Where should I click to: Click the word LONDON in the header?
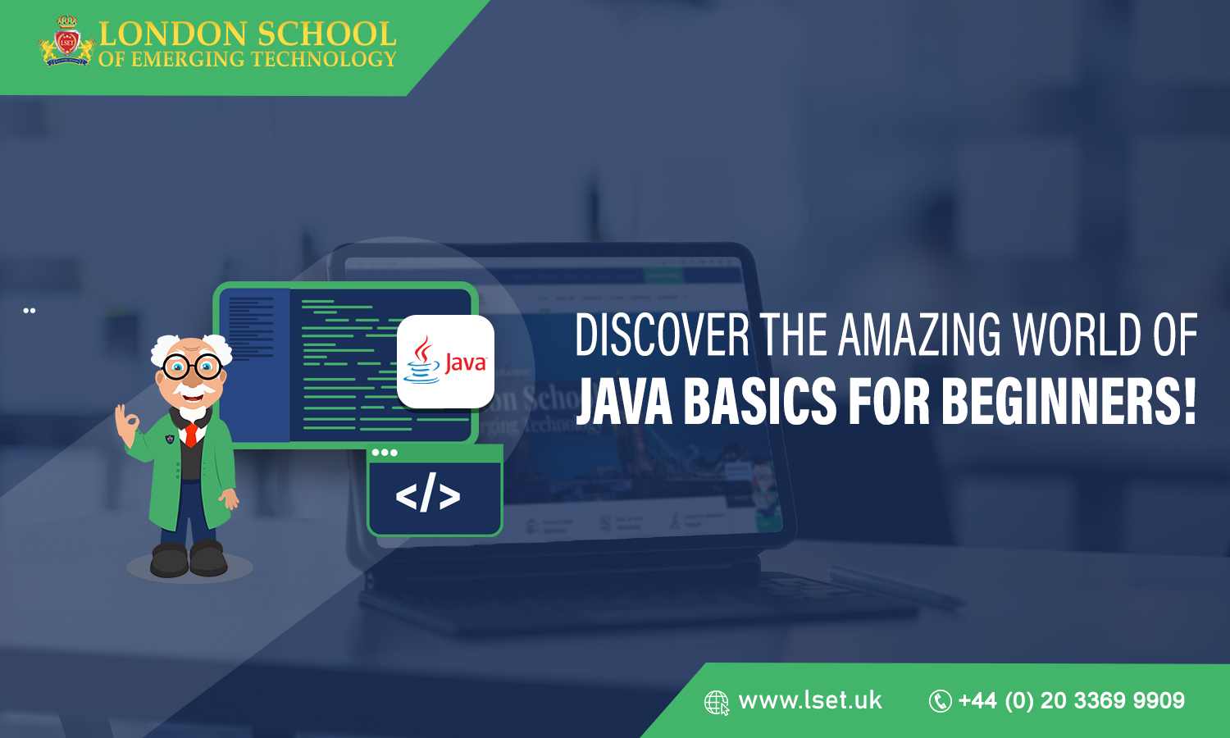pyautogui.click(x=173, y=34)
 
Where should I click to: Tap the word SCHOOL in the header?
pyautogui.click(x=326, y=34)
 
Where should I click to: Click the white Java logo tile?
pyautogui.click(x=445, y=362)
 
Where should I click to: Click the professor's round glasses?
pyautogui.click(x=193, y=367)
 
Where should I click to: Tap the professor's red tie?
pyautogui.click(x=191, y=433)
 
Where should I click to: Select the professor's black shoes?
pyautogui.click(x=189, y=560)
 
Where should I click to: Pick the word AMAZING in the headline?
pyautogui.click(x=919, y=336)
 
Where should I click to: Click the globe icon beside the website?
pyautogui.click(x=717, y=703)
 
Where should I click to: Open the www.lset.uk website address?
pyautogui.click(x=810, y=700)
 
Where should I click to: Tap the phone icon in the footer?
pyautogui.click(x=940, y=701)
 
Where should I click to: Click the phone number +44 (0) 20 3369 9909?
pyautogui.click(x=1071, y=701)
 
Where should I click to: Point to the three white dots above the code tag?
pyautogui.click(x=384, y=453)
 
